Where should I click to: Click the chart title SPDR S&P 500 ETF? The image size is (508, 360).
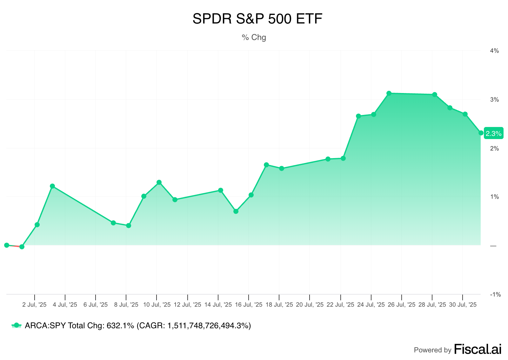[x=257, y=19]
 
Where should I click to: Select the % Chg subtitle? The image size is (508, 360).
[x=254, y=37]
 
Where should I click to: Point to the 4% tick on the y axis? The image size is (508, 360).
[x=494, y=51]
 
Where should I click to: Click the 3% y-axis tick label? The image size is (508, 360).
[x=494, y=100]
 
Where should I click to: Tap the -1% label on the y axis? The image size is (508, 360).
[x=495, y=295]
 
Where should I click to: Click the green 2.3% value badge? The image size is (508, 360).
[x=493, y=134]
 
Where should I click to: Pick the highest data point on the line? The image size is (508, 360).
[x=389, y=93]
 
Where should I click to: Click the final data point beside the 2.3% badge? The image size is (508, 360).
[x=481, y=133]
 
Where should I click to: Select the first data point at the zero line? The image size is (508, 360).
[x=7, y=245]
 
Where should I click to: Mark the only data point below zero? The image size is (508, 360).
[x=22, y=247]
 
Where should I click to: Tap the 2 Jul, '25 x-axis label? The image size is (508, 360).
[x=35, y=305]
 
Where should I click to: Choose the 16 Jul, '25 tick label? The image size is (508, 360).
[x=249, y=305]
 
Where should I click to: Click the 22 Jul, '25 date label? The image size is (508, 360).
[x=340, y=305]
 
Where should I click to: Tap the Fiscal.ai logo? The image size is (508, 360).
[x=478, y=349]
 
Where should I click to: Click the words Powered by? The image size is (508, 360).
[x=432, y=350]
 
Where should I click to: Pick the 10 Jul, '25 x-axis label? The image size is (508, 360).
[x=157, y=305]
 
